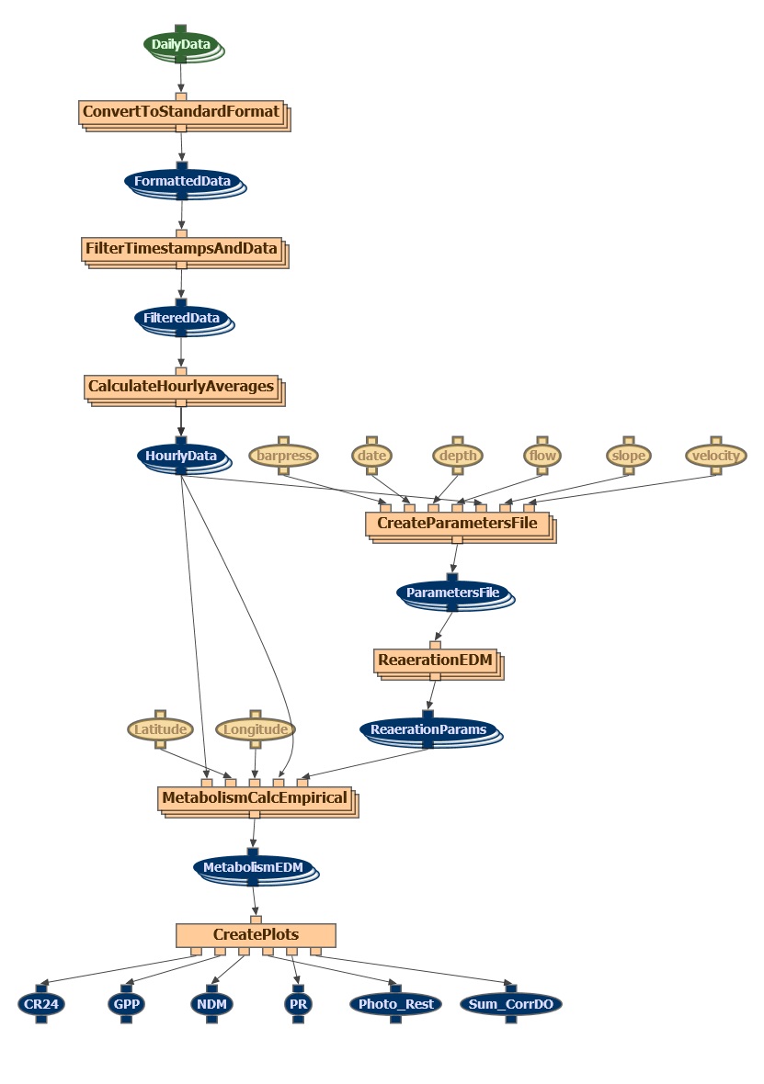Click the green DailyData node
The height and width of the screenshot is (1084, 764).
181,44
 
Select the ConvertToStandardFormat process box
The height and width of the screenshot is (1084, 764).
181,112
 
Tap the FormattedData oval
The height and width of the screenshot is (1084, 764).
182,181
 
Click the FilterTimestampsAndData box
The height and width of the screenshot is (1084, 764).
181,249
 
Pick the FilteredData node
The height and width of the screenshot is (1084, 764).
181,318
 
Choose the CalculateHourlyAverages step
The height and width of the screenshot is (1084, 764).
181,387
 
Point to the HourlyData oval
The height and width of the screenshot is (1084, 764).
181,456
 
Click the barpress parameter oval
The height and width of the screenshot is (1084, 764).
284,456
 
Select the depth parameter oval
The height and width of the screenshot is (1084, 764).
457,456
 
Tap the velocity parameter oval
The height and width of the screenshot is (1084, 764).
715,456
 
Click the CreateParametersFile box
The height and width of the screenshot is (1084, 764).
457,525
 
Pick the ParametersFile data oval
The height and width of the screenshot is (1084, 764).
452,593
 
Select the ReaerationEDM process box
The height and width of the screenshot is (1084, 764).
435,661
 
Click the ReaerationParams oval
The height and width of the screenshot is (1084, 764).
428,730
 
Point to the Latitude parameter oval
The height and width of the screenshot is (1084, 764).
160,729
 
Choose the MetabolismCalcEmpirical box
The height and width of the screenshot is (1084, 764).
255,798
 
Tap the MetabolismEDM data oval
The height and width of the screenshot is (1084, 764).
253,867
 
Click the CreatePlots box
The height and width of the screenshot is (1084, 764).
256,935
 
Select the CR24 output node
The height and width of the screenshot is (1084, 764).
41,1004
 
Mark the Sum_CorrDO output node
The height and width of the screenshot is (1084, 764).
510,1004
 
